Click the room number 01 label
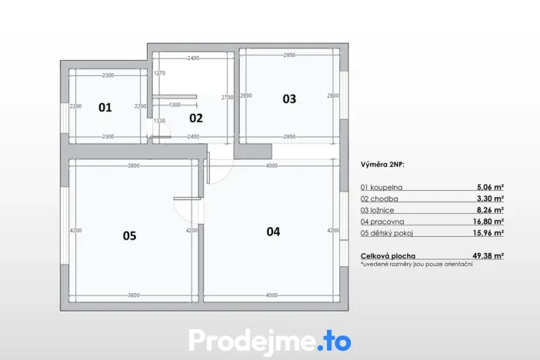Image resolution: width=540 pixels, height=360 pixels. [105, 108]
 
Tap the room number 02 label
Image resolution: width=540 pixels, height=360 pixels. [195, 118]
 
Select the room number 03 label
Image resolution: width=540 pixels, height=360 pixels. [288, 98]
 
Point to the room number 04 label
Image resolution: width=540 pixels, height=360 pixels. [273, 231]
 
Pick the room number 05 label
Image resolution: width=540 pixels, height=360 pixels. [129, 236]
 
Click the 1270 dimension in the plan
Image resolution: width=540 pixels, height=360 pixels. [160, 73]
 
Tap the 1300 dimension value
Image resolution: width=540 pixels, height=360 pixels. [175, 105]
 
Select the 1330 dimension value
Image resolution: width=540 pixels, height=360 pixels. [160, 121]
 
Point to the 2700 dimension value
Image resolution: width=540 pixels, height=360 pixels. [227, 98]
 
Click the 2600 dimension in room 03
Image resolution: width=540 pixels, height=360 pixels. [246, 95]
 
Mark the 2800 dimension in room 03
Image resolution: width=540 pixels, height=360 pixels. [332, 95]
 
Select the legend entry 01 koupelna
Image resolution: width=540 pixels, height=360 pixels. [382, 187]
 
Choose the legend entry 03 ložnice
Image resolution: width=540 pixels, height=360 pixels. [378, 209]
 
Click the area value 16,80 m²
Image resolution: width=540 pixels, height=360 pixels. [488, 221]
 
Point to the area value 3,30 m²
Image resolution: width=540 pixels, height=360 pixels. [490, 198]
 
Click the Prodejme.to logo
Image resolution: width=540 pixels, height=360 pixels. [269, 339]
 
